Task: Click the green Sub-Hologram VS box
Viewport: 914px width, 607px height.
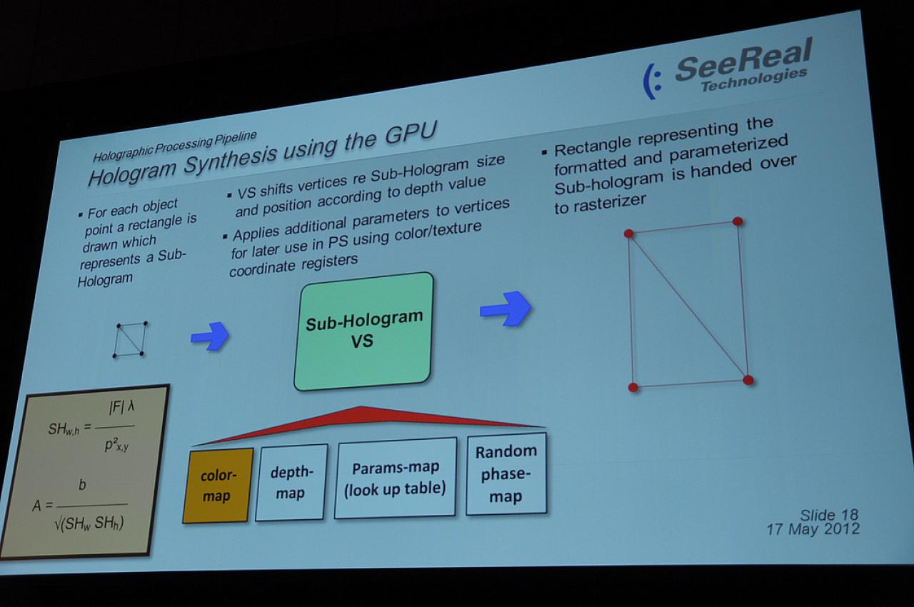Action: point(363,331)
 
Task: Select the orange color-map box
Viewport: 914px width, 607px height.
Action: point(218,486)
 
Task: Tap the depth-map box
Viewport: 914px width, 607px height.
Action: point(291,482)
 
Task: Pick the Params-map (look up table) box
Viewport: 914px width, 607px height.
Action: point(395,478)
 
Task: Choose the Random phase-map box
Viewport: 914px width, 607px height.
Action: point(506,474)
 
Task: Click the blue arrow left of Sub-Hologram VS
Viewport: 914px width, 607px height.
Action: point(210,336)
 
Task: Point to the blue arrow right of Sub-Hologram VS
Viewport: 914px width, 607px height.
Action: point(506,308)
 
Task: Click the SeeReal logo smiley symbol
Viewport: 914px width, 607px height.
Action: point(652,81)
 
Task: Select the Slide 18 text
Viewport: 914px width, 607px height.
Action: point(829,515)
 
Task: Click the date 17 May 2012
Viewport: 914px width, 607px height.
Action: point(813,529)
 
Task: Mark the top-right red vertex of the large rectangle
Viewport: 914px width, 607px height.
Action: point(738,221)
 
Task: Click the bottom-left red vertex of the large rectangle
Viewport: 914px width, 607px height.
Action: point(633,387)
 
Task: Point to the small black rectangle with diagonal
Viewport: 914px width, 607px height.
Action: point(130,339)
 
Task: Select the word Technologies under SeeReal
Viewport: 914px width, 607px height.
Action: point(753,80)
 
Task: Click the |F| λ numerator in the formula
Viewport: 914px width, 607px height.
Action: point(121,408)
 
